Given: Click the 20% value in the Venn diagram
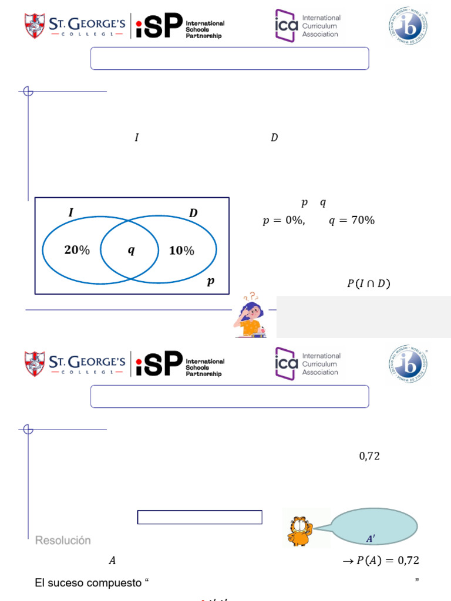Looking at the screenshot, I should pyautogui.click(x=77, y=250).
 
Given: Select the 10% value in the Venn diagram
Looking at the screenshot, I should pyautogui.click(x=181, y=251).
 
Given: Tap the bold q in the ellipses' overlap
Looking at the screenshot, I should pyautogui.click(x=131, y=251).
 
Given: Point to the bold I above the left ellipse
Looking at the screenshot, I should pyautogui.click(x=71, y=213).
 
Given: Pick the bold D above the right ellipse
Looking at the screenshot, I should pyautogui.click(x=193, y=214).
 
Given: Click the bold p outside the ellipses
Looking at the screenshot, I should pyautogui.click(x=210, y=282).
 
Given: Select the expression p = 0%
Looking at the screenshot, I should pyautogui.click(x=283, y=221).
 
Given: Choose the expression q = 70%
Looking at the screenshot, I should pyautogui.click(x=351, y=221).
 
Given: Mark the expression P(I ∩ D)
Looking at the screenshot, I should pyautogui.click(x=368, y=284).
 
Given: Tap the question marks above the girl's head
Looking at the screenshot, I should pyautogui.click(x=253, y=297).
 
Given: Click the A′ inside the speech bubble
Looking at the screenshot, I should pyautogui.click(x=371, y=539).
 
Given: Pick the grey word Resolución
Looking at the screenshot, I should pyautogui.click(x=63, y=540).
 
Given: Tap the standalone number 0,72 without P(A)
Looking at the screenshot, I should pyautogui.click(x=369, y=456).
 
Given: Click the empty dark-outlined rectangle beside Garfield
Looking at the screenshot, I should pyautogui.click(x=200, y=517).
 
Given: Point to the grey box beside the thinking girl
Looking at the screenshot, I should pyautogui.click(x=363, y=317).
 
